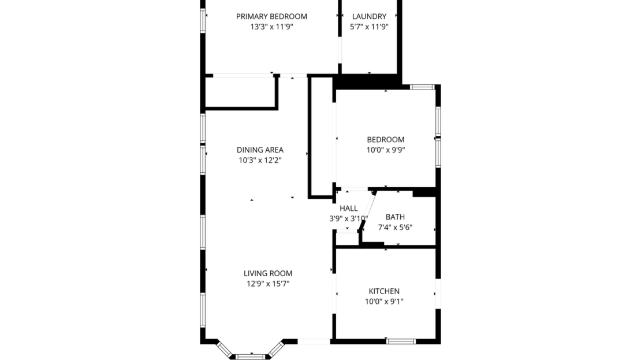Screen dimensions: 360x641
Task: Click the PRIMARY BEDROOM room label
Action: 271,16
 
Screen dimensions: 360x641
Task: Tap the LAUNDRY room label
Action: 368,16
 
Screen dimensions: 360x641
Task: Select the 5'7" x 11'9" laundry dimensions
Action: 368,27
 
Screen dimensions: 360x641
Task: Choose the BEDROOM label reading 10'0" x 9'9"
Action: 386,139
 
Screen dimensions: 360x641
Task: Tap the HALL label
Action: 348,208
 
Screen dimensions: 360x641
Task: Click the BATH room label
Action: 395,217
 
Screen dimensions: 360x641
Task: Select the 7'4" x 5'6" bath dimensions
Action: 395,227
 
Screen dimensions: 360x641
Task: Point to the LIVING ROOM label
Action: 268,273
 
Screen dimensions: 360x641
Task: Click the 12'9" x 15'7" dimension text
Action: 268,284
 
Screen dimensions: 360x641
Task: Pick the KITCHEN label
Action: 384,291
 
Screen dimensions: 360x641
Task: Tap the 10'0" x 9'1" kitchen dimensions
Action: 384,301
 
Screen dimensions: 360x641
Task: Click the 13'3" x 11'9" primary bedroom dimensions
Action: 271,27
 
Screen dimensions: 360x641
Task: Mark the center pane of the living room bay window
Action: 251,356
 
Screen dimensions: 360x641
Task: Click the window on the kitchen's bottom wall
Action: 401,341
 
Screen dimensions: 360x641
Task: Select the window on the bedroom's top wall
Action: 422,87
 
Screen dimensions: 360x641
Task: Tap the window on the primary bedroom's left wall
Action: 203,20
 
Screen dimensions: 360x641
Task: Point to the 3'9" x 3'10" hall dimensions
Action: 348,218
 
